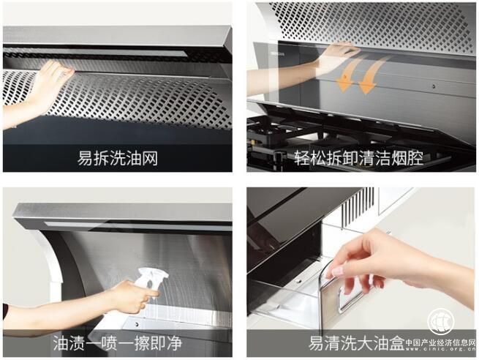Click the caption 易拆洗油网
(118, 158)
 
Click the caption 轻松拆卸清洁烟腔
(359, 158)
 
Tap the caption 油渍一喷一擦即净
(118, 343)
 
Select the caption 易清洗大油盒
(356, 343)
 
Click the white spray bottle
(152, 278)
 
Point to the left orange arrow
(347, 74)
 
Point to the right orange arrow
(372, 75)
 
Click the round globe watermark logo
(441, 321)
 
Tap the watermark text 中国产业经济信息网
(440, 342)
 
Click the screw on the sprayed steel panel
(137, 324)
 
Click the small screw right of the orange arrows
(434, 86)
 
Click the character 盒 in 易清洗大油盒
(396, 343)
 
